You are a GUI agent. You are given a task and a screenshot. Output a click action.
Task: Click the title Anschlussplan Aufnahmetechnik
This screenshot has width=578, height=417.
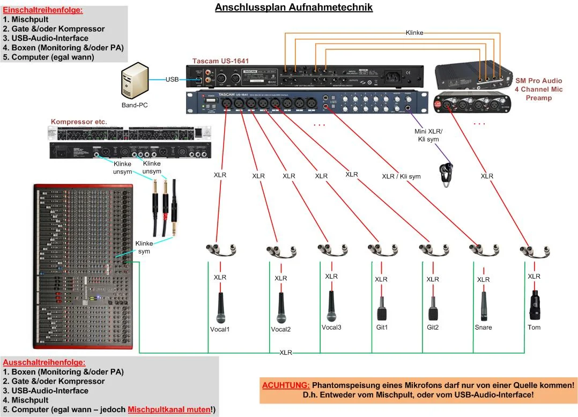pyautogui.click(x=293, y=8)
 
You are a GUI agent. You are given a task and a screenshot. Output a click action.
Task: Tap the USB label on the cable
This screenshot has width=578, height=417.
pyautogui.click(x=172, y=79)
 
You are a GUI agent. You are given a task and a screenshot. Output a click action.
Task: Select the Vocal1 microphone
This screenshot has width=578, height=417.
pyautogui.click(x=220, y=306)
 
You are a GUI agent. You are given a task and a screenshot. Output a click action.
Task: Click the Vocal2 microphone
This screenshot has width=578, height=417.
pyautogui.click(x=280, y=308)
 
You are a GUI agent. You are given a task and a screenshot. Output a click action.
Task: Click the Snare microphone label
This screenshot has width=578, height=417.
pyautogui.click(x=483, y=327)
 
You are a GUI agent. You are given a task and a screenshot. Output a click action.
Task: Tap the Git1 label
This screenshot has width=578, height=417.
pyautogui.click(x=382, y=327)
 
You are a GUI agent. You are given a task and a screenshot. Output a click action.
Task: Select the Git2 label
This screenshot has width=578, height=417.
pyautogui.click(x=433, y=327)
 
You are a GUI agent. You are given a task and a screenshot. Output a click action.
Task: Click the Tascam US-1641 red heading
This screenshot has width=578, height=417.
pyautogui.click(x=220, y=61)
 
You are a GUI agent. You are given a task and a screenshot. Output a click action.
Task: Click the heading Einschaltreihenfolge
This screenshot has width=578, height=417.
pyautogui.click(x=43, y=10)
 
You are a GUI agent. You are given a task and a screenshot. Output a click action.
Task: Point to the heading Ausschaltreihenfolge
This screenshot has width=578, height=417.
pyautogui.click(x=44, y=362)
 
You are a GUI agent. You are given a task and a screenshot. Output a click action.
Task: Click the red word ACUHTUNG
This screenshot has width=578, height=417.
pyautogui.click(x=286, y=385)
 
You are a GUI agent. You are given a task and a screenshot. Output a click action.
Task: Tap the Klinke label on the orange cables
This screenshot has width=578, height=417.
pyautogui.click(x=414, y=33)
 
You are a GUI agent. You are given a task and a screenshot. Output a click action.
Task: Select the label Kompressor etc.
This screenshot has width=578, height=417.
pyautogui.click(x=79, y=122)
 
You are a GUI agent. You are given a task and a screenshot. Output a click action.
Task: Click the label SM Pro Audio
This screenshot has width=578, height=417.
pyautogui.click(x=538, y=81)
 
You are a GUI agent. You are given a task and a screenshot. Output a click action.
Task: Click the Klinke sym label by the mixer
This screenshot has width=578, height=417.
pyautogui.click(x=144, y=247)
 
